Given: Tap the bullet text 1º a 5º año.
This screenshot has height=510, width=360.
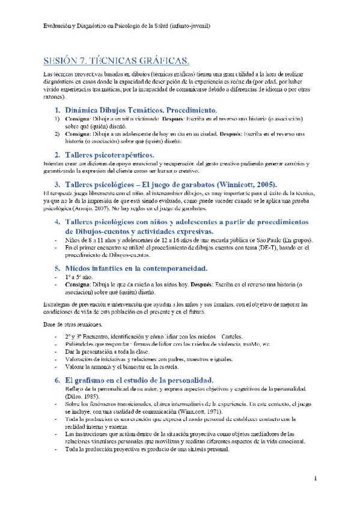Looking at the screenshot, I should point(78,278).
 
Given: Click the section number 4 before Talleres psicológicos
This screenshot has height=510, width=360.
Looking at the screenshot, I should point(57,222).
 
